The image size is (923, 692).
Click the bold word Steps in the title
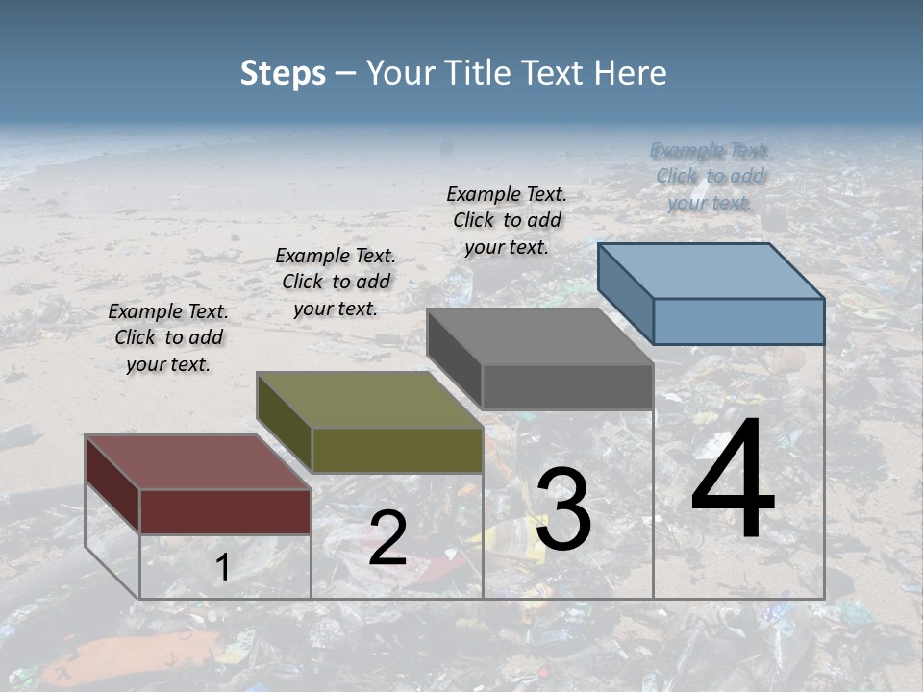tap(283, 73)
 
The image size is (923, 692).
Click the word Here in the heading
tap(629, 73)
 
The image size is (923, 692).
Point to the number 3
tap(563, 509)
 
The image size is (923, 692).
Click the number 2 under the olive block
tap(387, 538)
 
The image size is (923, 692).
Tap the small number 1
tap(222, 567)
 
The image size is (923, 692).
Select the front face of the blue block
tap(738, 321)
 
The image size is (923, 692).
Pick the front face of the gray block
tap(567, 386)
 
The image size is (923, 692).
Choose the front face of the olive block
tap(397, 450)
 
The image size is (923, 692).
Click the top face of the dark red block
tap(198, 462)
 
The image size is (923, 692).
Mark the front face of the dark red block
tap(225, 511)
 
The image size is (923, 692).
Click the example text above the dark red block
tap(168, 337)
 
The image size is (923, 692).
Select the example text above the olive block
tap(336, 282)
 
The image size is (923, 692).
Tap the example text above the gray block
tap(507, 220)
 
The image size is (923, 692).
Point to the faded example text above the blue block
tap(710, 176)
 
